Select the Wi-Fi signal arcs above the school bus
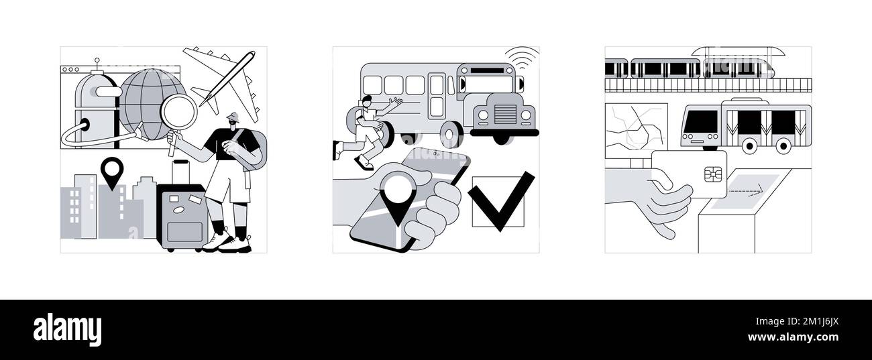523,54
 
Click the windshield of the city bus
699,123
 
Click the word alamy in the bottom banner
67,330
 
